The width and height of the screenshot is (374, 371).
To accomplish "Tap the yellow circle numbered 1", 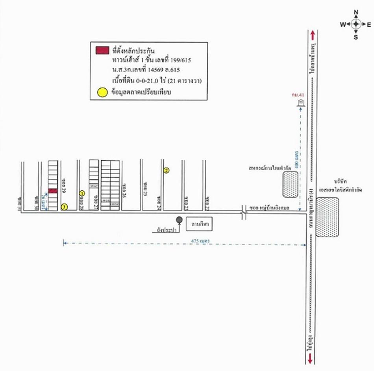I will coord(82,193).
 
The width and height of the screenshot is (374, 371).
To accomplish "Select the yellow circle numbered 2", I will coord(167,170).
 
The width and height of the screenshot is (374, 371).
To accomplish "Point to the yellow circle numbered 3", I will coord(65,206).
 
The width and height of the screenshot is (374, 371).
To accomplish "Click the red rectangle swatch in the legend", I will coord(102,50).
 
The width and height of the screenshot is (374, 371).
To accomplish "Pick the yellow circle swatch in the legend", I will coord(102,93).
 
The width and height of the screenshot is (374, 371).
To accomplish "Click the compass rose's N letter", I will coord(356,12).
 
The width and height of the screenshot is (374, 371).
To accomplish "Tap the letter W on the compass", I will coord(343,24).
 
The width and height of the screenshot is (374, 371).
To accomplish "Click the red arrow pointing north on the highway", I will coord(312,34).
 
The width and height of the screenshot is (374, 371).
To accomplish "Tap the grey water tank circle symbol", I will coord(179,220).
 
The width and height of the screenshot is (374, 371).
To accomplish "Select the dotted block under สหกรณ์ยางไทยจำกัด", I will coord(291,184).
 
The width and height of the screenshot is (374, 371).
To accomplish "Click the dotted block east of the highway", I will coord(327,217).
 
